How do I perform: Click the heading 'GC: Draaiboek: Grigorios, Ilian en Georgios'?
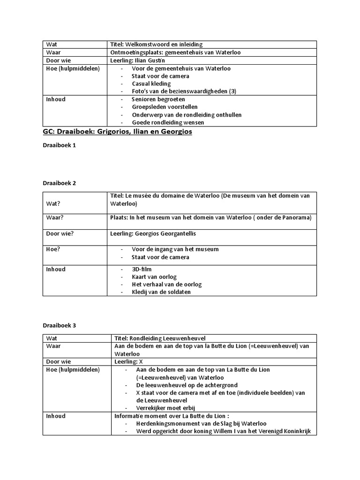point(117,132)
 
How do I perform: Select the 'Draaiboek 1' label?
point(60,146)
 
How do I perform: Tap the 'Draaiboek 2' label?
point(60,183)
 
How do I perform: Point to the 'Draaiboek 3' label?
point(60,325)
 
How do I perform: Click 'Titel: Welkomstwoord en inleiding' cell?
point(156,45)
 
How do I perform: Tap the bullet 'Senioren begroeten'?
point(158,99)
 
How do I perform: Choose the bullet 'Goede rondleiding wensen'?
point(168,122)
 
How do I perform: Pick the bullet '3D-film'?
point(142,270)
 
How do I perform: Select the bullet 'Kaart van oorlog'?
point(154,277)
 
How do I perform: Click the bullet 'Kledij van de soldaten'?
point(161,292)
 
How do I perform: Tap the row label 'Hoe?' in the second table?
point(53,249)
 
